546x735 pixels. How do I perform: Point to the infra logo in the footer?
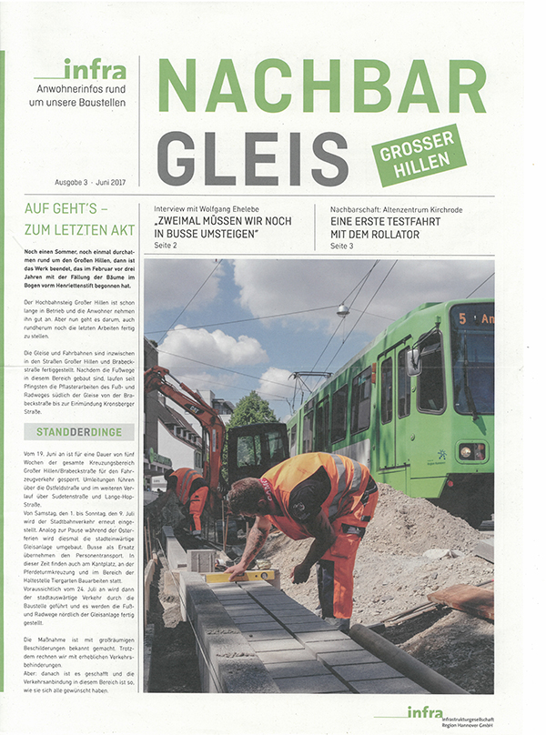pyautogui.click(x=424, y=711)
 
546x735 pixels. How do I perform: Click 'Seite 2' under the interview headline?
pyautogui.click(x=167, y=246)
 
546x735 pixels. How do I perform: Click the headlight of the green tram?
pyautogui.click(x=470, y=452)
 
